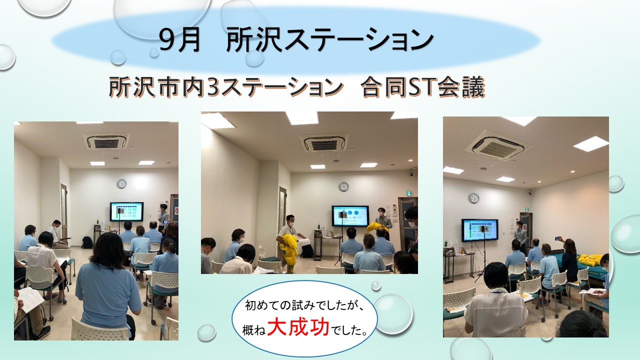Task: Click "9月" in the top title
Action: point(179,40)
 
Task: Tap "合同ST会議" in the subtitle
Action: point(422,87)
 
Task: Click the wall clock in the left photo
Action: point(121,183)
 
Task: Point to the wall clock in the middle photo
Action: point(344,186)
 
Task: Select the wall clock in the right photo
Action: point(473,198)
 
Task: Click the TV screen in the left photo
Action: point(126,211)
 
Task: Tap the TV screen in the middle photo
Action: point(350,215)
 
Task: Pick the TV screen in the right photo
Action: point(479,230)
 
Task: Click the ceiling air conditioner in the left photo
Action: point(106,141)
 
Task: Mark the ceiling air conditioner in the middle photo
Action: point(324,143)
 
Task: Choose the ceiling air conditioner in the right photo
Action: point(497,145)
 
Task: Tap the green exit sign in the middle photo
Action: point(409,193)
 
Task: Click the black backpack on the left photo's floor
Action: point(87,242)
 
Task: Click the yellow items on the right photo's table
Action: point(591,259)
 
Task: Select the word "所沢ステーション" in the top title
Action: point(329,40)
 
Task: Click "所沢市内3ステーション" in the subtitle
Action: point(225,87)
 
